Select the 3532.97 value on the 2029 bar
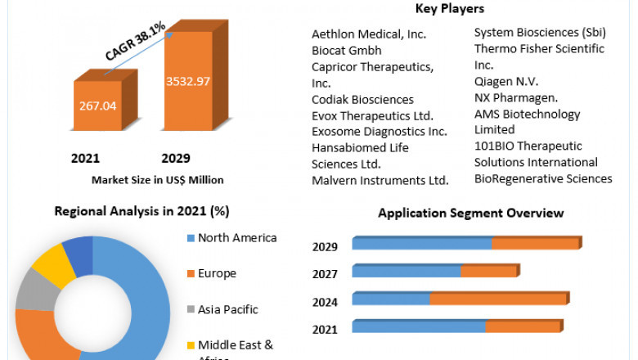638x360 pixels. pyautogui.click(x=188, y=80)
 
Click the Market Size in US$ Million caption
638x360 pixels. pyautogui.click(x=158, y=179)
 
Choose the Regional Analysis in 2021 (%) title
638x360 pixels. pyautogui.click(x=142, y=211)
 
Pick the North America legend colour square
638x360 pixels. pyautogui.click(x=190, y=238)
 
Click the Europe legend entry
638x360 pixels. pyautogui.click(x=217, y=273)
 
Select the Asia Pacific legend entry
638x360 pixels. pyautogui.click(x=227, y=309)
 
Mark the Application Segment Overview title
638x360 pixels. pyautogui.click(x=470, y=213)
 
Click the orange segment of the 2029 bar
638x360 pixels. pyautogui.click(x=536, y=244)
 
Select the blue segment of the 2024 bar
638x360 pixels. pyautogui.click(x=391, y=299)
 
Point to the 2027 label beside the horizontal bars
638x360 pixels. pyautogui.click(x=326, y=273)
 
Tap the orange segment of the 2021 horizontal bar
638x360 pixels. pyautogui.click(x=523, y=326)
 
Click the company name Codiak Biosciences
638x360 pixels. pyautogui.click(x=362, y=99)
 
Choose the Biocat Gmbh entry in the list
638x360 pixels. pyautogui.click(x=346, y=50)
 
